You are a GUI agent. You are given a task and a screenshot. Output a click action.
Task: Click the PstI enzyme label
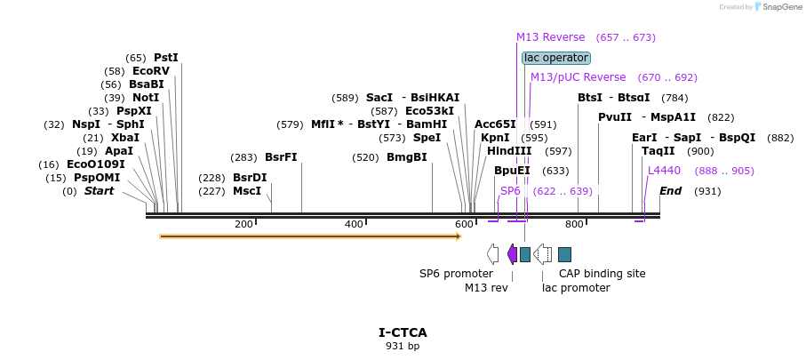[166, 58]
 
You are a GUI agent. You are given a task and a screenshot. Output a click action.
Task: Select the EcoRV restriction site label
[150, 71]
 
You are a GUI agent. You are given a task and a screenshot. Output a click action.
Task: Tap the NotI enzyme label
[146, 98]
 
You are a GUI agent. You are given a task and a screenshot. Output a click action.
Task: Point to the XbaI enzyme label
[125, 138]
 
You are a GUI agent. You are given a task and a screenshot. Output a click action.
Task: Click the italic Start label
[99, 191]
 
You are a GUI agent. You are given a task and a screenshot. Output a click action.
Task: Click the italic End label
[671, 191]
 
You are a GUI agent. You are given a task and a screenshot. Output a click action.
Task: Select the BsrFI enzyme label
[281, 157]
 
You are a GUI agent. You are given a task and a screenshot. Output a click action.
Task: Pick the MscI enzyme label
[247, 191]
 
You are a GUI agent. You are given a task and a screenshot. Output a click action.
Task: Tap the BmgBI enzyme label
[407, 157]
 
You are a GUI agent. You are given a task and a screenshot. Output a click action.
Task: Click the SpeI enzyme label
[427, 138]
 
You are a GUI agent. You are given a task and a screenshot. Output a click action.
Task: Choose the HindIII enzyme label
[509, 151]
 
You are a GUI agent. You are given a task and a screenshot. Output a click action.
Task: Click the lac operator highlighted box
[556, 58]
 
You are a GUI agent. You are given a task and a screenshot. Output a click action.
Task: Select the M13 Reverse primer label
[551, 37]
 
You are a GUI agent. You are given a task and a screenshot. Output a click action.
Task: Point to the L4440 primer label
[664, 171]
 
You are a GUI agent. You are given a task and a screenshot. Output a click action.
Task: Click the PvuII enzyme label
[615, 117]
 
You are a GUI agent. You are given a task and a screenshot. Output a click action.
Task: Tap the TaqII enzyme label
[658, 151]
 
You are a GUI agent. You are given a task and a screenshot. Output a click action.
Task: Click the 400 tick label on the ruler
[354, 224]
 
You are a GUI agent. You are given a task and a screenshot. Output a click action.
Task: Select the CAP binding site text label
[602, 274]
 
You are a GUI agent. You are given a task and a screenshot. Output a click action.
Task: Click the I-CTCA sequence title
[403, 332]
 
